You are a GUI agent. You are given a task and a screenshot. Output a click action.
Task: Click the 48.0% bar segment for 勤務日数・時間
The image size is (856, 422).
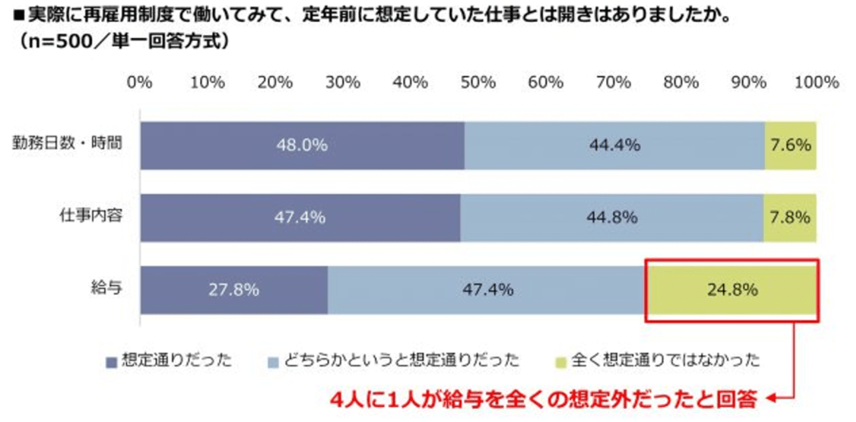tap(302, 145)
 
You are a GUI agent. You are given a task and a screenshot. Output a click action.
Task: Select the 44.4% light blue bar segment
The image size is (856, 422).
tap(614, 145)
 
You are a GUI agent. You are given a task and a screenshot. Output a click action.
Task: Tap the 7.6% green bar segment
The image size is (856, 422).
tap(791, 145)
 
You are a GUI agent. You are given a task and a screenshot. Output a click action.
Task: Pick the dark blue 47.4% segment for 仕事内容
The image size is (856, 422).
tap(300, 217)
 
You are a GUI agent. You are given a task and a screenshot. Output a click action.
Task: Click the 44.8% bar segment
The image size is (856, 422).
tap(612, 217)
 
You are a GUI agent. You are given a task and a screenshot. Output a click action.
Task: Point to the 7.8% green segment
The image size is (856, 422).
tap(790, 217)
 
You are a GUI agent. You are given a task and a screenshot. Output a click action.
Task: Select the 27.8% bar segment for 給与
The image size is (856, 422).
tap(234, 290)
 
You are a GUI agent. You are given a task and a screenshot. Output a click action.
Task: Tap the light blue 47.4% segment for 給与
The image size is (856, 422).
tap(488, 290)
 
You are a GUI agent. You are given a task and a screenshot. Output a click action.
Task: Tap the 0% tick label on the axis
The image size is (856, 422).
tap(140, 82)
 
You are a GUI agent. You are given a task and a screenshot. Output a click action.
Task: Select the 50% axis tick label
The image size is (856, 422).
tap(479, 82)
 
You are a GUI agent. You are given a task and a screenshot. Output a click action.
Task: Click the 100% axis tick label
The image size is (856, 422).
tap(816, 82)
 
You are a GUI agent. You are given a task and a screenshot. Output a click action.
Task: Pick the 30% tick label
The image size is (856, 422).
tap(343, 82)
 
